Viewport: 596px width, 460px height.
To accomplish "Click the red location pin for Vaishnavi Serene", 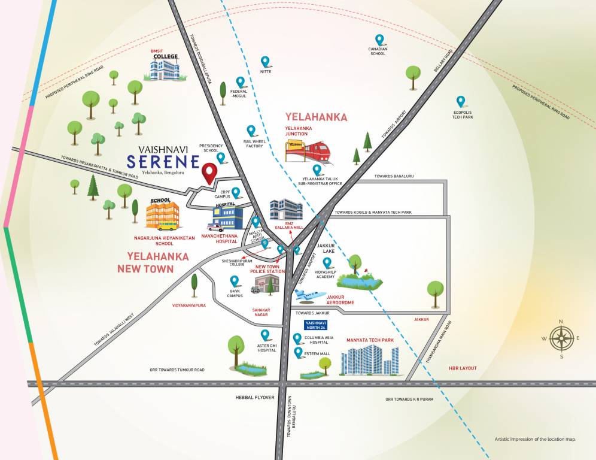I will pos(209,172).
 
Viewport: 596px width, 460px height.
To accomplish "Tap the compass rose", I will pos(561,338).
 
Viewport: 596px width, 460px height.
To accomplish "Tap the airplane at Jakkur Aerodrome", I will pos(310,295).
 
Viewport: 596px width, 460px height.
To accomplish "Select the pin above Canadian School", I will pos(379,40).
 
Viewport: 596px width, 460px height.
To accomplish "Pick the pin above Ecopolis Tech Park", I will pos(460,101).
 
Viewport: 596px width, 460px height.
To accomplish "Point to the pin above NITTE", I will pos(265,61).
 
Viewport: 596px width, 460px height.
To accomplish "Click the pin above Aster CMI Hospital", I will pos(264,335).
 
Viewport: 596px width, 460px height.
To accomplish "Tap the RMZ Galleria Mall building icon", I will pos(285,209).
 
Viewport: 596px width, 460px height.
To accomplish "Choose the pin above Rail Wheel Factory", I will pos(251,130).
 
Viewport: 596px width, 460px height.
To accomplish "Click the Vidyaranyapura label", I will pos(188,305).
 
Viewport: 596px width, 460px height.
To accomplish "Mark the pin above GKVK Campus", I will pos(234,280).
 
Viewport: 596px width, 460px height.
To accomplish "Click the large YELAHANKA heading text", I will pos(316,117).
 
